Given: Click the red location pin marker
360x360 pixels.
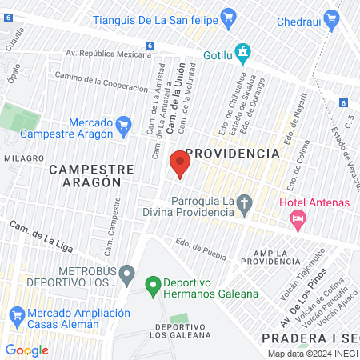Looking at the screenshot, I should tap(180, 164).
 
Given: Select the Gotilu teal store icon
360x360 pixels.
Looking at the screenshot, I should tap(243, 53).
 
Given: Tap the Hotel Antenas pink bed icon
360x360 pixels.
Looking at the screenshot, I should tap(298, 218).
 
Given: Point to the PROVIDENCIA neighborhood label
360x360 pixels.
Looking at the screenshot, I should tap(232, 152).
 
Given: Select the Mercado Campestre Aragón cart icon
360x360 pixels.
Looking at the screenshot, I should tap(123, 125).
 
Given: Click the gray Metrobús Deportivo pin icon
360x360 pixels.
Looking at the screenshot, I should tap(126, 277).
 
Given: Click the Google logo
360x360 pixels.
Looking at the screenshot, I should tap(27, 350).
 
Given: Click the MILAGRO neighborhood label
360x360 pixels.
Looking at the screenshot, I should tap(22, 158).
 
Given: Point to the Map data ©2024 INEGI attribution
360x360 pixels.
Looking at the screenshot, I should tap(311, 354).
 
